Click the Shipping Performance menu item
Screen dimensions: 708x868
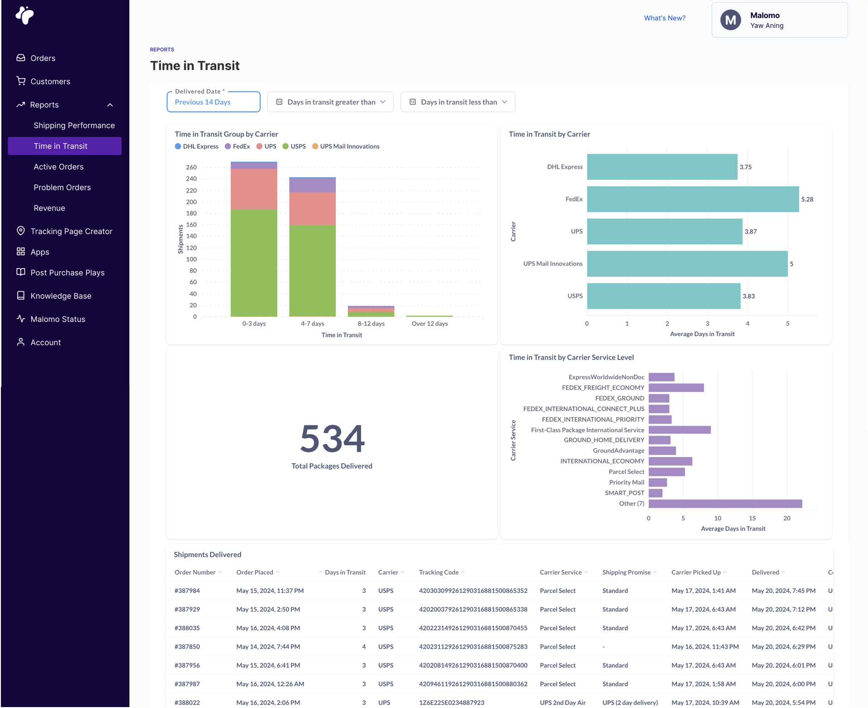click(x=74, y=125)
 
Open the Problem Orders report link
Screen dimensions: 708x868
click(x=62, y=187)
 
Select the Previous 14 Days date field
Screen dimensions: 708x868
click(x=213, y=102)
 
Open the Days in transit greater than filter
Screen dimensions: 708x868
click(x=330, y=102)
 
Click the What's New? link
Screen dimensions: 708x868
click(x=664, y=18)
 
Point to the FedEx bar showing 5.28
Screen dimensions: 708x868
click(x=692, y=199)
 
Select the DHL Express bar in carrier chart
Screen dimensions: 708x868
click(x=662, y=167)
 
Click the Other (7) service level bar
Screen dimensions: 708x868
click(x=725, y=504)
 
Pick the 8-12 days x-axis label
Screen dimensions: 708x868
click(x=371, y=324)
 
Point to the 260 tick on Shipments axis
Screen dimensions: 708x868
click(x=191, y=167)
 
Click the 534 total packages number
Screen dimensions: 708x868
click(x=332, y=438)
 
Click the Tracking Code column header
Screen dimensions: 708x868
click(x=439, y=572)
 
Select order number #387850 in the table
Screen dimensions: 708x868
click(x=187, y=647)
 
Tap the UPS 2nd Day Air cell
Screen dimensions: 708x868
click(x=563, y=703)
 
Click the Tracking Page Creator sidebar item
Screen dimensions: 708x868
click(x=71, y=231)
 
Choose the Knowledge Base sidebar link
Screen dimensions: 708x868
click(x=61, y=296)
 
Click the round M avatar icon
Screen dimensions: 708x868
click(x=730, y=20)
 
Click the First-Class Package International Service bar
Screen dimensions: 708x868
click(x=679, y=430)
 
